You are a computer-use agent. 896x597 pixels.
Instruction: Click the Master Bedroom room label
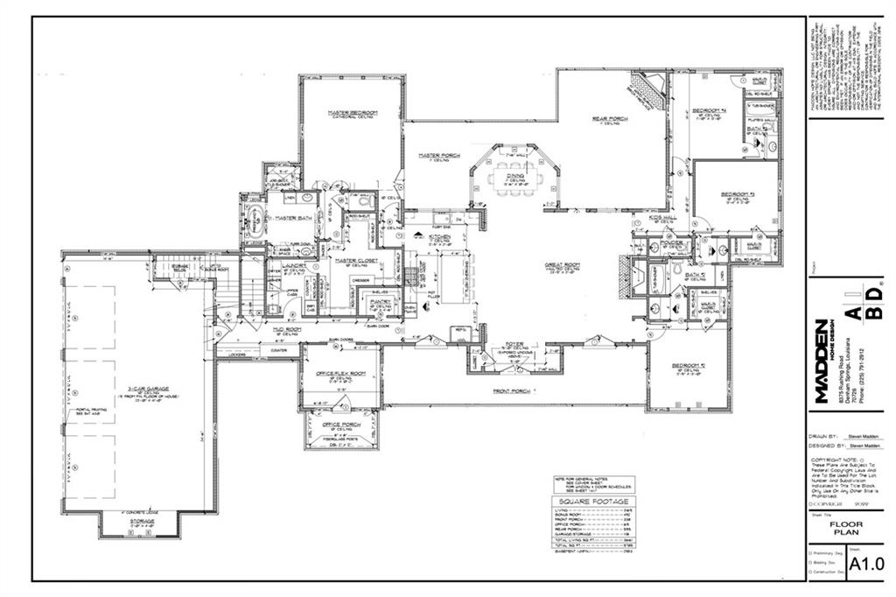tap(353, 113)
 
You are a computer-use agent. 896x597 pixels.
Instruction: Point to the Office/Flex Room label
tap(340, 374)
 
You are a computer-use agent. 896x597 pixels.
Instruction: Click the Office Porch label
tap(342, 424)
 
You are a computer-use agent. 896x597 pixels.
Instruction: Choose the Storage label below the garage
tap(142, 522)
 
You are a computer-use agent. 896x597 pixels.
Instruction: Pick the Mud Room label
tap(287, 329)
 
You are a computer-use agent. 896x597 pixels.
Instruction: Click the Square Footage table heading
tap(592, 502)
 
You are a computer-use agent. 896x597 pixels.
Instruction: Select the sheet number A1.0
tap(867, 563)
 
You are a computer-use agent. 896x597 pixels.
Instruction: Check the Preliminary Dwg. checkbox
tap(810, 553)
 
